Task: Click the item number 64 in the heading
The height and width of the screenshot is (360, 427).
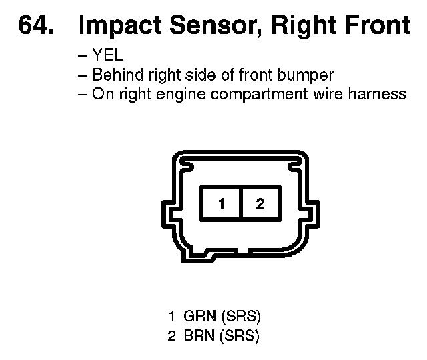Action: pyautogui.click(x=37, y=25)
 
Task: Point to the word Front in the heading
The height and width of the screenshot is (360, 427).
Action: pyautogui.click(x=377, y=25)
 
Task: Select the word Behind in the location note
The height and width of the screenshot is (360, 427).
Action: pyautogui.click(x=114, y=75)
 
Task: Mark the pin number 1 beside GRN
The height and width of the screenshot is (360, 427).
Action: pyautogui.click(x=173, y=315)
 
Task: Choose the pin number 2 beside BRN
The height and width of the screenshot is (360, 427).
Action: pyautogui.click(x=172, y=335)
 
